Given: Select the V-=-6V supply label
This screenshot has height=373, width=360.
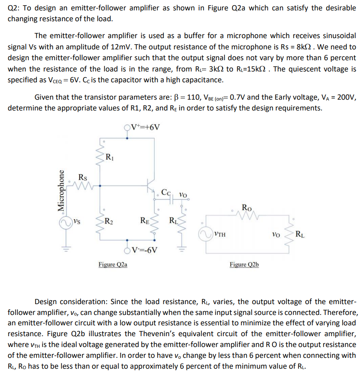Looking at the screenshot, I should click(145, 250).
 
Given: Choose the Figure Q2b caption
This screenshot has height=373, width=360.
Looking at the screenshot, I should click(244, 264).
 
